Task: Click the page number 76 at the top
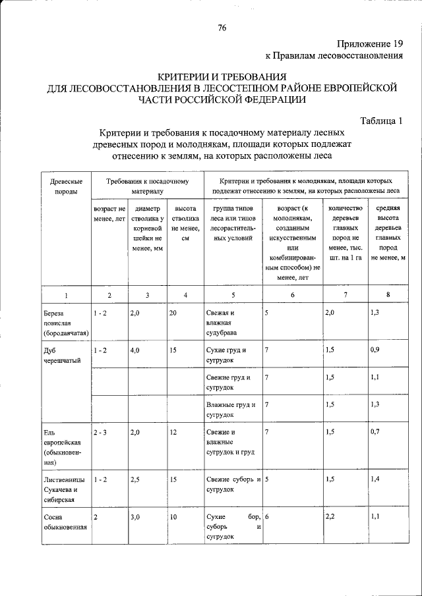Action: coord(222,28)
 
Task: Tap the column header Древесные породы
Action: coord(66,186)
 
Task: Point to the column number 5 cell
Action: coord(233,294)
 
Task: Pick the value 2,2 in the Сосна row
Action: coord(331,517)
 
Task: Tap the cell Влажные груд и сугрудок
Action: coord(230,409)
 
